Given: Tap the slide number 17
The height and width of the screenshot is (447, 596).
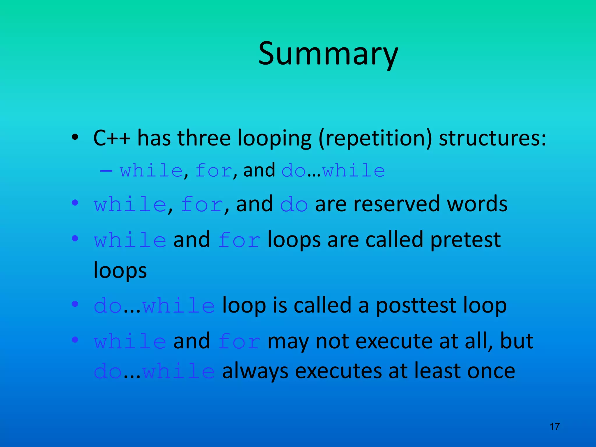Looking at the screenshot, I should pos(554,427).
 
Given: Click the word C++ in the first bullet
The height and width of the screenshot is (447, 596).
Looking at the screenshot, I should pos(111,138).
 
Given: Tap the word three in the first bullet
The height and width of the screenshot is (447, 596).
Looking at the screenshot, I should pos(204,138).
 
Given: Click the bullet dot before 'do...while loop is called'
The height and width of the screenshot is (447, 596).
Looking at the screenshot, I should pos(75,304).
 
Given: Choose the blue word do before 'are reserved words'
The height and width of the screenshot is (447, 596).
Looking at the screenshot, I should pos(294,205).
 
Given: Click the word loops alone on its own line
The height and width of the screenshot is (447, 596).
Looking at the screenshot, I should pos(120,271).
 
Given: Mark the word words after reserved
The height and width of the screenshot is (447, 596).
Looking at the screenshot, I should pos(477,204).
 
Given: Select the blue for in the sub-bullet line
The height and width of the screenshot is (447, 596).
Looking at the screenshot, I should pos(214,171).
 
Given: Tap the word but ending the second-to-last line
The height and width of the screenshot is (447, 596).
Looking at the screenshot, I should pos(516,341).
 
